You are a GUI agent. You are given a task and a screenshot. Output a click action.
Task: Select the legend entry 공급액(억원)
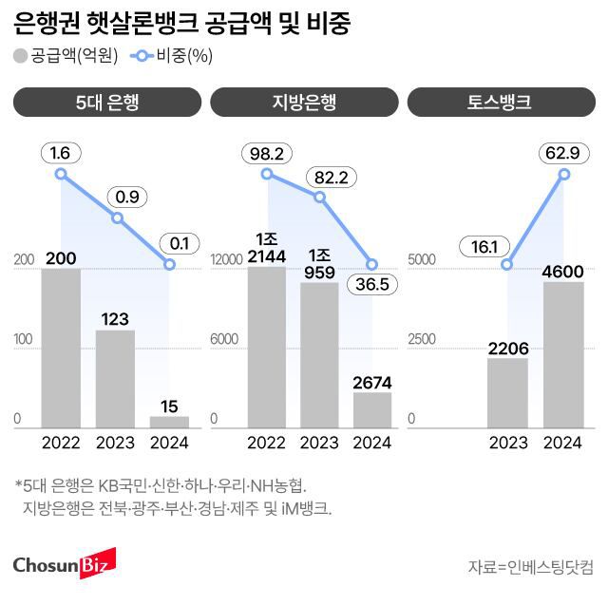(66, 55)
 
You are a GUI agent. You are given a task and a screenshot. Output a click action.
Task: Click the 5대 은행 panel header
(107, 102)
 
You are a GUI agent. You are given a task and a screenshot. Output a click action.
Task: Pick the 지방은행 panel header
(304, 102)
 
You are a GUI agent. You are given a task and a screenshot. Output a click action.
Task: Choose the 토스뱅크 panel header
(501, 102)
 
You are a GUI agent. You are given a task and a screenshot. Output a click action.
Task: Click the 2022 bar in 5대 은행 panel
(61, 348)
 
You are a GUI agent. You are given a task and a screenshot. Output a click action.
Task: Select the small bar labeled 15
(169, 422)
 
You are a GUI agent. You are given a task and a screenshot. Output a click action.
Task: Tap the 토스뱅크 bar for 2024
(563, 354)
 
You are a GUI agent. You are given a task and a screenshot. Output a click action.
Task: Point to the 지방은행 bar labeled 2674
(372, 409)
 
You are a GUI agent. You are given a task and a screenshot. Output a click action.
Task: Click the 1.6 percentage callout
(61, 152)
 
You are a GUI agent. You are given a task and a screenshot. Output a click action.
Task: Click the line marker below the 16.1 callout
(507, 265)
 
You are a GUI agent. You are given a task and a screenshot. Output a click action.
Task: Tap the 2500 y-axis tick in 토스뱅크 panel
(421, 339)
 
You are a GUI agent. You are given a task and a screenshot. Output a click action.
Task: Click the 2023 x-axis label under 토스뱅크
(508, 443)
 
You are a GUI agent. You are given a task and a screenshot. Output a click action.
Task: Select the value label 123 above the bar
(115, 319)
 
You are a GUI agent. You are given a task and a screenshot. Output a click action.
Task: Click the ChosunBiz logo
(63, 564)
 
